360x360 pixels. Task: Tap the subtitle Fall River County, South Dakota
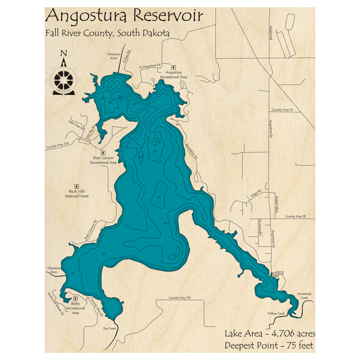pos(107,33)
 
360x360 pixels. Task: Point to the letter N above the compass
pos(64,53)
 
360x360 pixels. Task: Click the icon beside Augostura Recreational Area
pos(174,67)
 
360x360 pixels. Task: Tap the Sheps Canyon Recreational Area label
pos(103,160)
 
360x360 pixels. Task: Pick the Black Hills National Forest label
pos(76,194)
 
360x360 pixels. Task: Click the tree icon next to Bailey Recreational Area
pos(76,298)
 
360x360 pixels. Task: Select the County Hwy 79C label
pos(181,298)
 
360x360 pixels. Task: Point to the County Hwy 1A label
pos(283,109)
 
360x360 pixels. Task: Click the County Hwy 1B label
pos(295,216)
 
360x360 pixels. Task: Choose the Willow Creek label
pos(276,314)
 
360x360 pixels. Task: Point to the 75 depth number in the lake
pos(157,143)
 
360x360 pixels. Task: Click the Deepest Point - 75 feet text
pos(269,346)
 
